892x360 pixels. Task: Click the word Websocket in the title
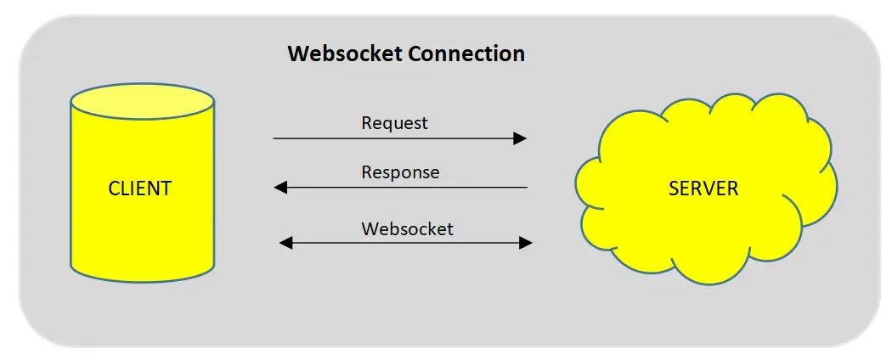[345, 54]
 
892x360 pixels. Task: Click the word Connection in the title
[466, 54]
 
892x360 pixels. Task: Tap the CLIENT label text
[140, 188]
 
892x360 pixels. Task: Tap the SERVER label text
[703, 188]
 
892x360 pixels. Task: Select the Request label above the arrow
[394, 123]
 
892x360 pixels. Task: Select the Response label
[400, 172]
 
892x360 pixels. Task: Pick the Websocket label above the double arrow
[407, 229]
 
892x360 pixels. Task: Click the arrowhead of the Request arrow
[520, 138]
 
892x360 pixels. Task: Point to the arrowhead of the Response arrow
[281, 188]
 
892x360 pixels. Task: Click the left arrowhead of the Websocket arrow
[286, 244]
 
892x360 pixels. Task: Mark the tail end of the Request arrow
[275, 138]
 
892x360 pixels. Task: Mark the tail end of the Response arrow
[526, 188]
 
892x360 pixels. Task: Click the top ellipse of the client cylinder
[142, 100]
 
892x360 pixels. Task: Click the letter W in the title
[297, 54]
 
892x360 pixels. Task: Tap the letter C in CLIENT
[114, 188]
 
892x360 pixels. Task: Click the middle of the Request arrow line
[399, 138]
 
